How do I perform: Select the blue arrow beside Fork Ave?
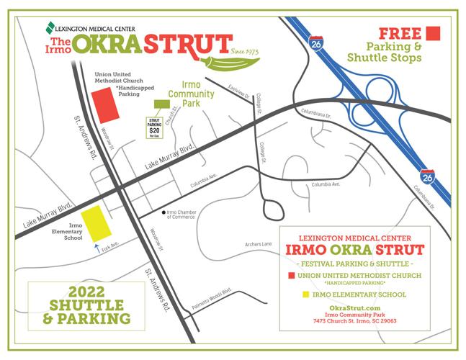click(98, 249)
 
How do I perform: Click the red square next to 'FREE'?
click(433, 33)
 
